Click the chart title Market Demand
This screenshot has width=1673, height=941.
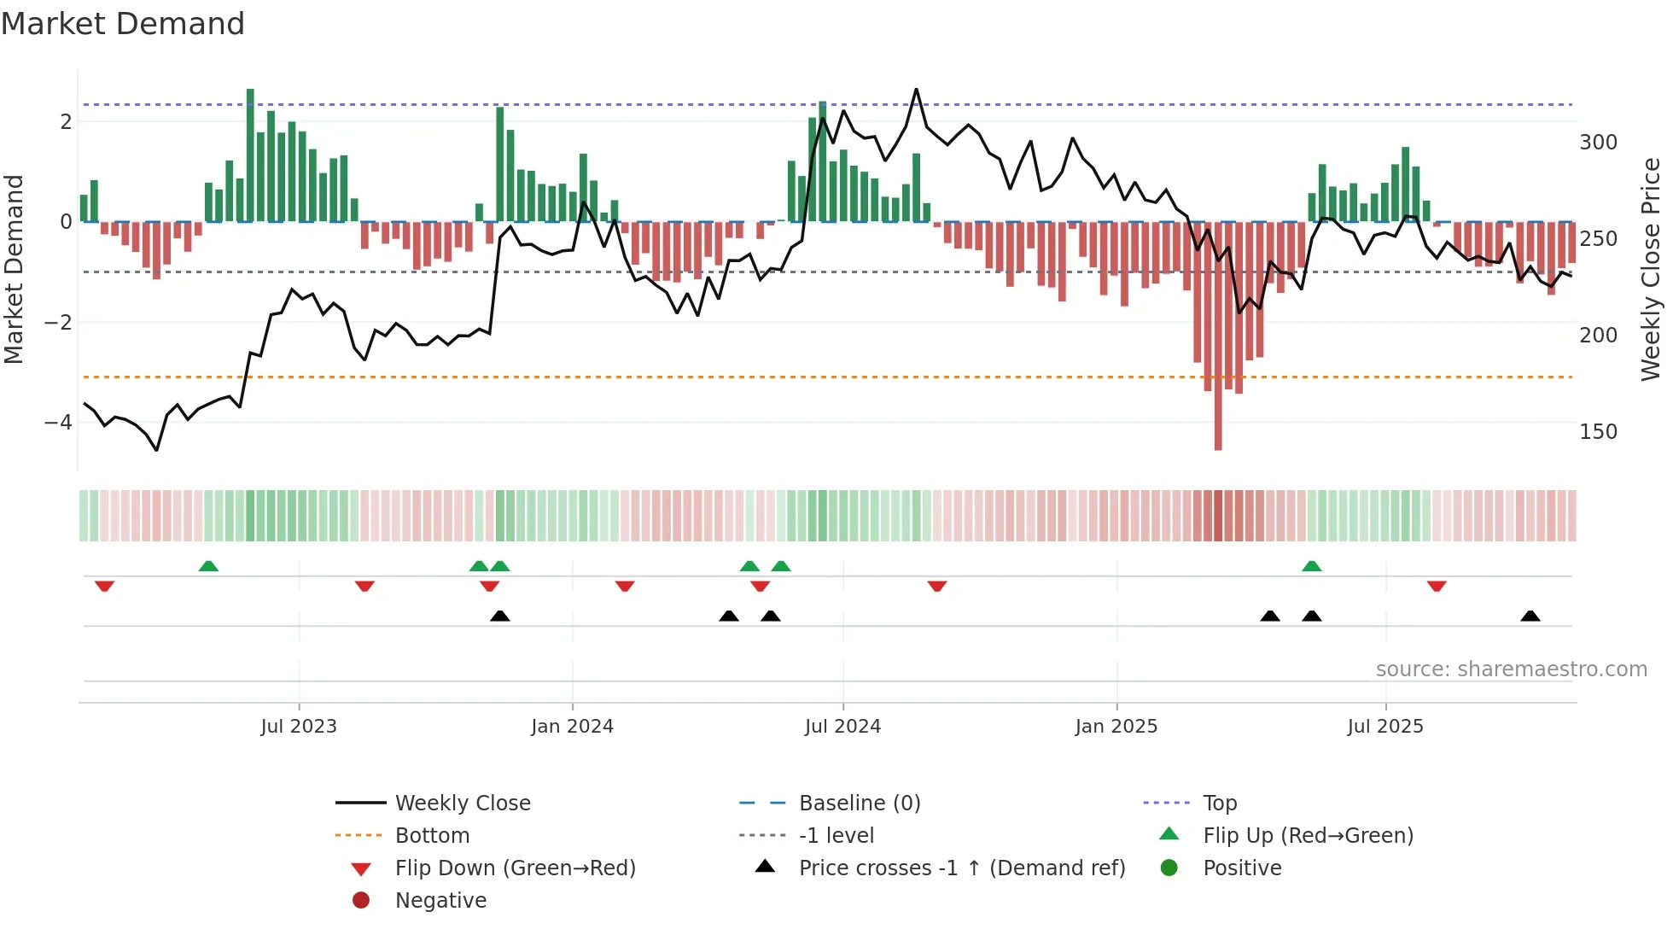pyautogui.click(x=123, y=24)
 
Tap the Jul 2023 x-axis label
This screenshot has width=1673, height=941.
pyautogui.click(x=299, y=727)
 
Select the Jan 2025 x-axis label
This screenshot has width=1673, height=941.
pyautogui.click(x=1116, y=727)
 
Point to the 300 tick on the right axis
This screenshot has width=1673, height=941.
pyautogui.click(x=1598, y=143)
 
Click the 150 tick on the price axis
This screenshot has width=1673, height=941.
pyautogui.click(x=1598, y=432)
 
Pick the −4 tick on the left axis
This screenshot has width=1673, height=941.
pyautogui.click(x=58, y=423)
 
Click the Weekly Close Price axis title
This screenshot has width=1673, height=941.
pyautogui.click(x=1651, y=269)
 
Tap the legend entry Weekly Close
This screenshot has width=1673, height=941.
pyautogui.click(x=462, y=804)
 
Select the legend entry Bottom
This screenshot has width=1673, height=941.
pyautogui.click(x=432, y=836)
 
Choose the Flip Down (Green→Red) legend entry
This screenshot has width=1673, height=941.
pyautogui.click(x=515, y=868)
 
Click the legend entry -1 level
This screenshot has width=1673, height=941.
pyautogui.click(x=836, y=836)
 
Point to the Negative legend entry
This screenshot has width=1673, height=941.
pyautogui.click(x=440, y=901)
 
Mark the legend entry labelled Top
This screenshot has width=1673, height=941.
pyautogui.click(x=1219, y=804)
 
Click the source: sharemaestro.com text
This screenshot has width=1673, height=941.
pyautogui.click(x=1511, y=669)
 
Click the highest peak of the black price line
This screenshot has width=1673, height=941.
pyautogui.click(x=916, y=90)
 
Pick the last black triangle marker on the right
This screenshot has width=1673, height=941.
pyautogui.click(x=1530, y=616)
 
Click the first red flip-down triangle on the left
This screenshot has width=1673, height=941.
pyautogui.click(x=104, y=587)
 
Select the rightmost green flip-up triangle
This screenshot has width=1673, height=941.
pyautogui.click(x=1312, y=566)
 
